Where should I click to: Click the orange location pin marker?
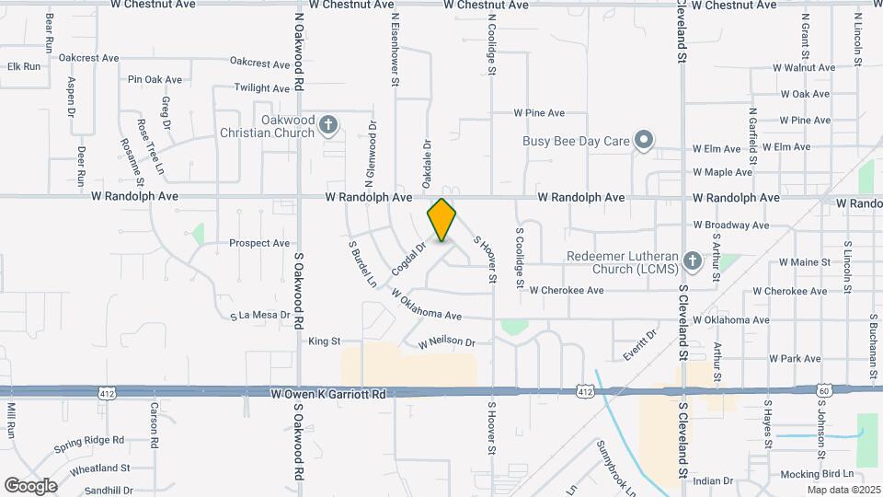[441, 221]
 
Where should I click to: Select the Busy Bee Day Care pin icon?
[645, 141]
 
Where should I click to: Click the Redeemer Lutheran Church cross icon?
[693, 262]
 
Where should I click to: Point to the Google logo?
[30, 485]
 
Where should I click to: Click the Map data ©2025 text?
[843, 490]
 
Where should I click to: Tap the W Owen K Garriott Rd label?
[328, 393]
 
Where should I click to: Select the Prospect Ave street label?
[259, 244]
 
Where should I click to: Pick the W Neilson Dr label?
[447, 342]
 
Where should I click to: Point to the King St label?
[324, 341]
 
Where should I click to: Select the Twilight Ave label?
[262, 88]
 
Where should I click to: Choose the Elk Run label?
[24, 66]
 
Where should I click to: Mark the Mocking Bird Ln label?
[815, 473]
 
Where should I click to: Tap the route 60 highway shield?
[822, 391]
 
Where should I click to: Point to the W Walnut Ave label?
[802, 68]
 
